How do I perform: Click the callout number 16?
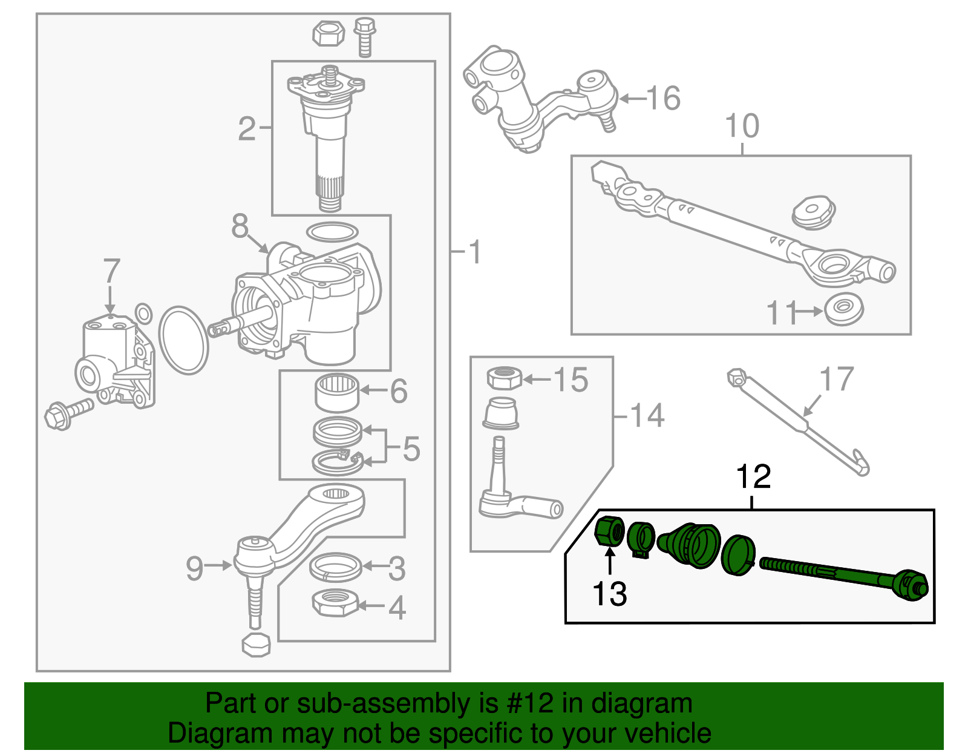664,98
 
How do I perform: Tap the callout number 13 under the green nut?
609,594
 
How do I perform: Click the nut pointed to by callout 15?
504,378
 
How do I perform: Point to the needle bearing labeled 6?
337,392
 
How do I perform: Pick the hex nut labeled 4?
336,603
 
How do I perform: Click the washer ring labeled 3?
336,567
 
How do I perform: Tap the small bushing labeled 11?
844,309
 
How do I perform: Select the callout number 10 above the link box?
742,126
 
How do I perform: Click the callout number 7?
111,271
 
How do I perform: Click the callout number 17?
836,380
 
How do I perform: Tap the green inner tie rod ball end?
911,585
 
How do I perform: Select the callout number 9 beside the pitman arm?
194,568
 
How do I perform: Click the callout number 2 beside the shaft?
247,128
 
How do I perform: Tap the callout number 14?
647,416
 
